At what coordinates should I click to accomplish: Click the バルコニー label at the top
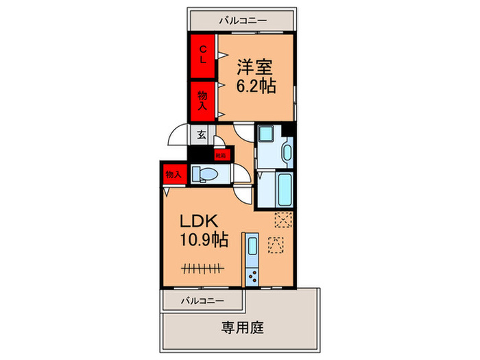(x=243, y=21)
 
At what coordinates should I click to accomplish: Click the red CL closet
(x=204, y=53)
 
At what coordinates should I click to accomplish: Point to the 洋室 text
(x=255, y=67)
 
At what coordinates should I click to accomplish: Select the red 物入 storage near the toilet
(x=173, y=175)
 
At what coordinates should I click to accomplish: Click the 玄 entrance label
(x=202, y=135)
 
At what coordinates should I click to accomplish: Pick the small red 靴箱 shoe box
(x=220, y=156)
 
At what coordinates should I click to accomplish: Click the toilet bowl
(x=206, y=173)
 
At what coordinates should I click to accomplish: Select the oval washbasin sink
(x=286, y=152)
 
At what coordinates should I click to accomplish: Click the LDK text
(x=199, y=221)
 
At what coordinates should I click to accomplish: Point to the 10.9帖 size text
(x=204, y=241)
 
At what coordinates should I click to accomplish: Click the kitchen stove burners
(x=252, y=277)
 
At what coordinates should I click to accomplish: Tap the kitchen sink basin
(x=251, y=245)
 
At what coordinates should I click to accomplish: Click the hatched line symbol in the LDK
(x=204, y=267)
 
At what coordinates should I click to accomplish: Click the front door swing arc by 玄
(x=178, y=135)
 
